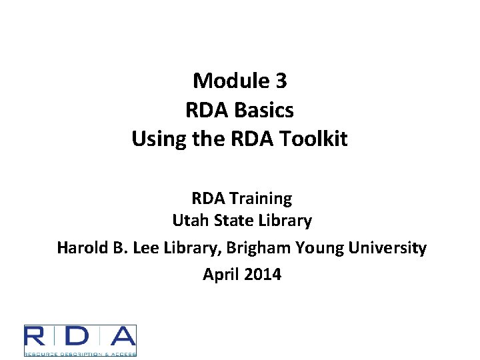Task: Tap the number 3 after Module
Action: click(281, 81)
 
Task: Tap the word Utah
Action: click(189, 220)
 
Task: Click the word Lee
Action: click(147, 248)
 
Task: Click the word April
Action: click(220, 274)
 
